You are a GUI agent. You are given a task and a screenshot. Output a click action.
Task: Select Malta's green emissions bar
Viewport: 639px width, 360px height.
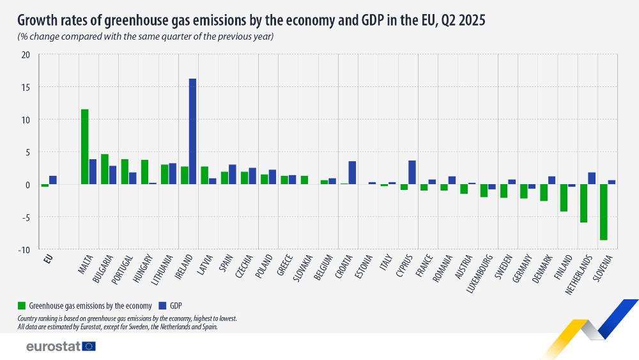[x=85, y=146]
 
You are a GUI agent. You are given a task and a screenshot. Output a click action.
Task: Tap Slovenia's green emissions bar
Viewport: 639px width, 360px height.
[x=603, y=212]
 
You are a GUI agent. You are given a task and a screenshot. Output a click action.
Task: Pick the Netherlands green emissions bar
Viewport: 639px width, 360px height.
[x=583, y=203]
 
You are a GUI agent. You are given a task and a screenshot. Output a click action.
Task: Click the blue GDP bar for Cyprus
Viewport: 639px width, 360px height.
[x=412, y=172]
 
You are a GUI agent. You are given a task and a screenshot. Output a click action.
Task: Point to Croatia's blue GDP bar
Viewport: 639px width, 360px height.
[x=352, y=173]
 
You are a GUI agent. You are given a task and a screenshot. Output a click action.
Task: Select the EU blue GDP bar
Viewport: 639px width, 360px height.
[x=53, y=180]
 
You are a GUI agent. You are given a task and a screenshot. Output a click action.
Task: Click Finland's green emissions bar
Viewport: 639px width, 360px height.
[x=564, y=198]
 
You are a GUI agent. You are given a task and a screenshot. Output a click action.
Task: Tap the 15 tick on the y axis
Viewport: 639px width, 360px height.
[x=26, y=87]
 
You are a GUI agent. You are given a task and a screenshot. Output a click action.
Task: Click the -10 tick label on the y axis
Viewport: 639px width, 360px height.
[x=24, y=249]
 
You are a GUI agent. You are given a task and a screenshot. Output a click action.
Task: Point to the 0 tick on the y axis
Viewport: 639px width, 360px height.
[x=27, y=184]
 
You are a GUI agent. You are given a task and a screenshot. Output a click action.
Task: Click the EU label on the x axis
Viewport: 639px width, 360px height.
[x=47, y=258]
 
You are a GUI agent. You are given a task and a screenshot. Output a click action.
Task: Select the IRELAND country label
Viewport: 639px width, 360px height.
[x=185, y=268]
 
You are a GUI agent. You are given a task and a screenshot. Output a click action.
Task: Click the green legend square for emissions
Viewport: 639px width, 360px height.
[x=21, y=305]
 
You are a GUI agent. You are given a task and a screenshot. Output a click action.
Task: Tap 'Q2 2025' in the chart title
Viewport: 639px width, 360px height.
[x=462, y=20]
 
